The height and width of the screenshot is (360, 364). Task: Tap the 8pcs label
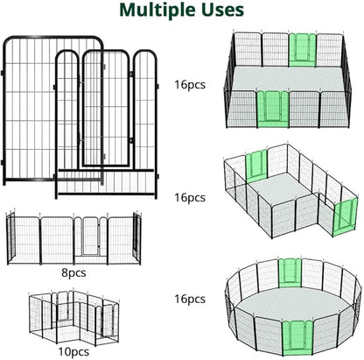(x=73, y=272)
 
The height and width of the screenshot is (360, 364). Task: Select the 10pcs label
(x=73, y=351)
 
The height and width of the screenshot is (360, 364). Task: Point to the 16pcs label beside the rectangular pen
(x=190, y=85)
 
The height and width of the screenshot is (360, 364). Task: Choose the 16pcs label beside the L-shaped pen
(x=190, y=197)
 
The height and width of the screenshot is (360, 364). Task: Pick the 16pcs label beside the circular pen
(x=190, y=299)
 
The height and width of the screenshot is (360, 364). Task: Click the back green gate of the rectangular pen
(x=303, y=50)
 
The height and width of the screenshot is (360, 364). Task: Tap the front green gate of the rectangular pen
(x=273, y=109)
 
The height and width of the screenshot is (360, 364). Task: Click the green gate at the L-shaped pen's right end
(x=346, y=215)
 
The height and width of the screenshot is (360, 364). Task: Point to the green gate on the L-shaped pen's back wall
(x=256, y=165)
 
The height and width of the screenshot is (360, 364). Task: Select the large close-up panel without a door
(x=52, y=110)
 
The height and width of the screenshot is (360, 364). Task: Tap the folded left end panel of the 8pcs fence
(x=11, y=238)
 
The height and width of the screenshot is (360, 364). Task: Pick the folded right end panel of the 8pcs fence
(x=136, y=236)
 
